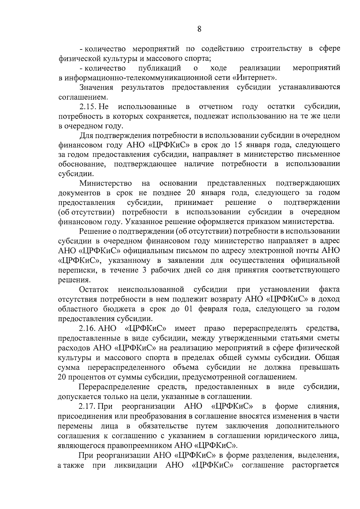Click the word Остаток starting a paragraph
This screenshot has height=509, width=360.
[x=94, y=289]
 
